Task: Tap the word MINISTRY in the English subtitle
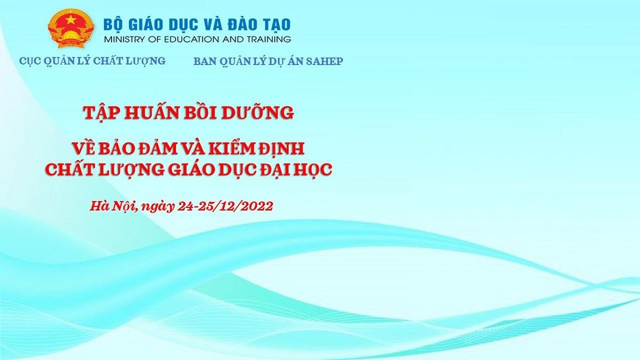(123, 39)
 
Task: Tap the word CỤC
(29, 61)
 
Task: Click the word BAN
(204, 61)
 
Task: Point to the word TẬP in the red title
(100, 113)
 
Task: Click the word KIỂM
(233, 146)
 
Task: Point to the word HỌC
(311, 169)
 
